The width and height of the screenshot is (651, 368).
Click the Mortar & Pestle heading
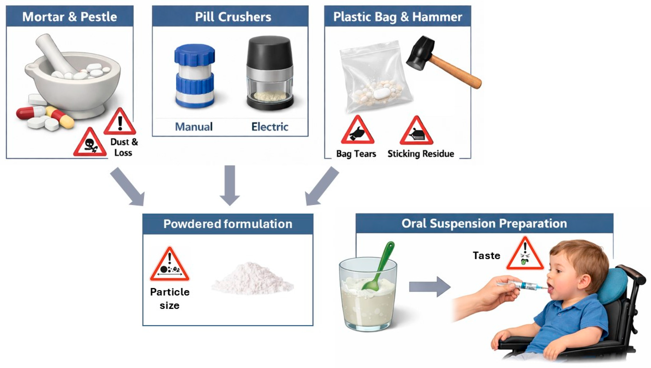coord(70,17)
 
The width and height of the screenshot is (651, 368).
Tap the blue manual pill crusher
coord(194,76)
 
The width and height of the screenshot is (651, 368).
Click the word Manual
coord(194,127)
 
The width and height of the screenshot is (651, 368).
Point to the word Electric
coord(270,127)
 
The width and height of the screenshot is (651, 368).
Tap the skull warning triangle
coord(90,143)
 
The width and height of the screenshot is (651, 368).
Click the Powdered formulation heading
coord(228,224)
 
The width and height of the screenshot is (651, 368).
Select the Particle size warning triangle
coord(170,266)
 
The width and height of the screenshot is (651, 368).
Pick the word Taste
coord(486,256)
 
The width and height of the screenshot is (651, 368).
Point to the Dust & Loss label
coord(124,147)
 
